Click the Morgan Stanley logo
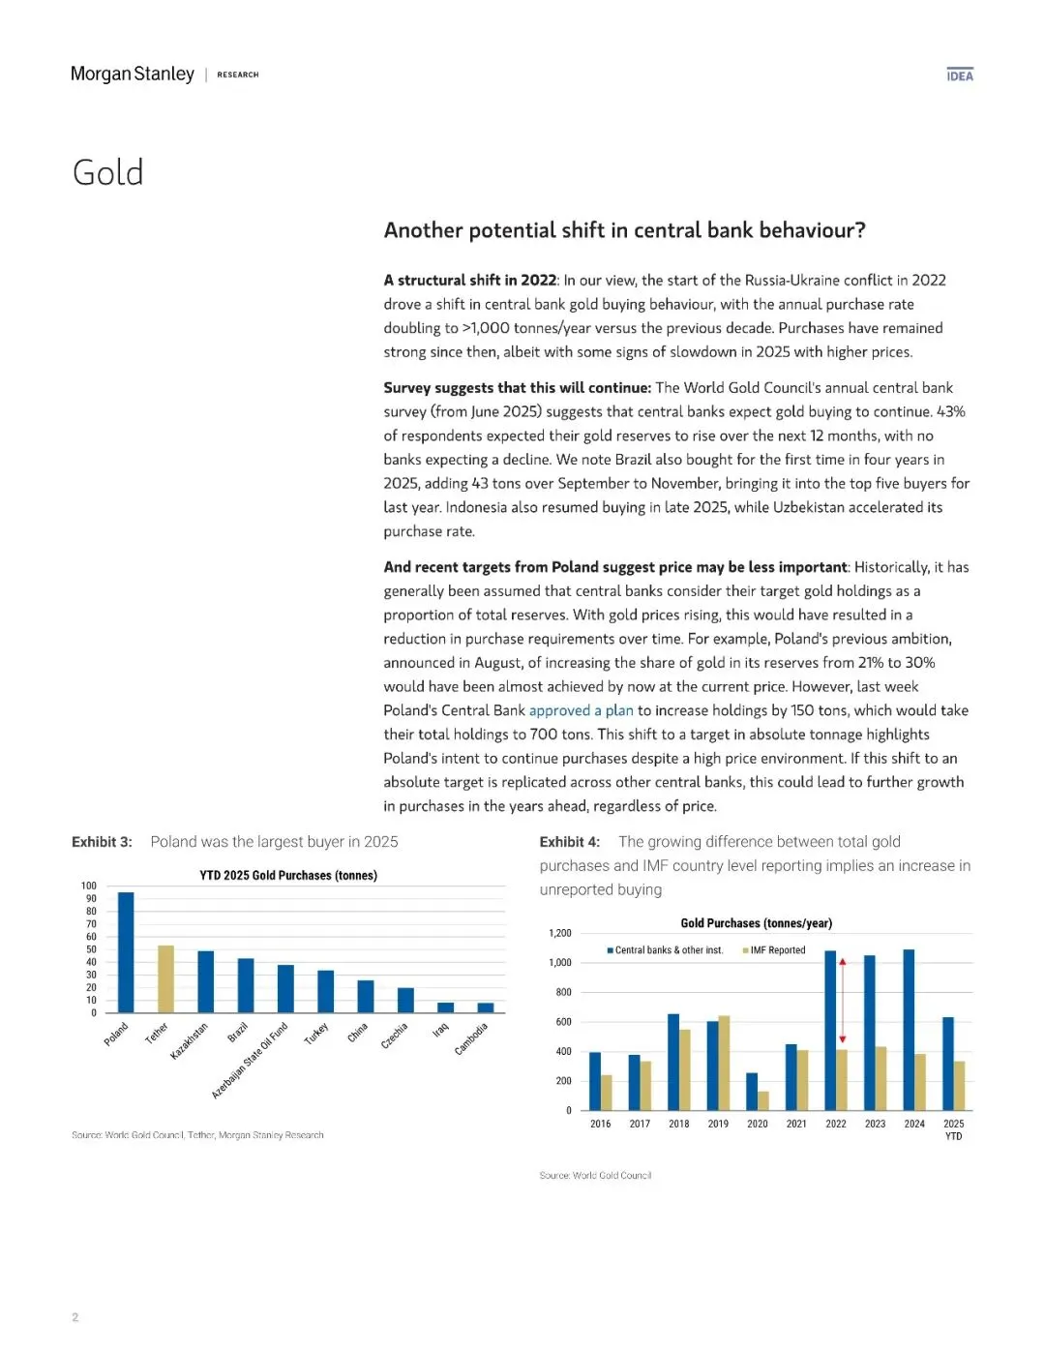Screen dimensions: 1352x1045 coord(133,75)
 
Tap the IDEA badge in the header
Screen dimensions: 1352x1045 coord(960,75)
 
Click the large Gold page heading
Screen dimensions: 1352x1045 coord(108,173)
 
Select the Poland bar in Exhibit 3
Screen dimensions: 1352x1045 coord(126,951)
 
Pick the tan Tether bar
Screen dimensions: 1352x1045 coord(165,978)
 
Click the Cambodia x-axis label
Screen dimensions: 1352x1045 coord(471,1038)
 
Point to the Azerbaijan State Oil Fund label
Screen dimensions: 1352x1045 coord(250,1060)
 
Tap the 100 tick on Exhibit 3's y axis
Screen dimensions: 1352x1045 coord(89,886)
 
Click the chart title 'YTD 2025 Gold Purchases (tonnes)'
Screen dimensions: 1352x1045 coord(288,875)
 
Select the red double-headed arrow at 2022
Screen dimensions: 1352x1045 coord(842,1000)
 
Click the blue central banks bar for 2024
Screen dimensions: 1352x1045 coord(909,1029)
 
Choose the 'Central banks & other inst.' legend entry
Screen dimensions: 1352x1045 coord(666,950)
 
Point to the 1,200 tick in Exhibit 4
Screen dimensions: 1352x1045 coord(560,933)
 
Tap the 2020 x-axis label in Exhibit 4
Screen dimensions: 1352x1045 coord(758,1124)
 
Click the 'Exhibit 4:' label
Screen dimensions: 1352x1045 coord(570,842)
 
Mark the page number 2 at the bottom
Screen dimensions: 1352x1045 coord(75,1317)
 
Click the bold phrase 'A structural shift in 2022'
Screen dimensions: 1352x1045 coord(469,281)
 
